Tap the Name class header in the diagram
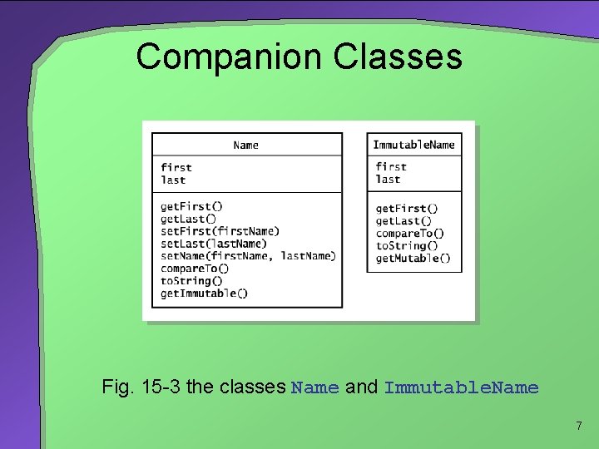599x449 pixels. (246, 145)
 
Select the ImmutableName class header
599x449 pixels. (413, 145)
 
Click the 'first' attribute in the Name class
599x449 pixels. (176, 168)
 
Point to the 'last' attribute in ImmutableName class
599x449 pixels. (388, 180)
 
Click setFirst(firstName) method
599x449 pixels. (220, 231)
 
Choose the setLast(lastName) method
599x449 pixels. (214, 244)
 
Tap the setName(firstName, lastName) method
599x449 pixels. (248, 256)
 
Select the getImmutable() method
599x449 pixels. (204, 293)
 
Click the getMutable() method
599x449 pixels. (413, 259)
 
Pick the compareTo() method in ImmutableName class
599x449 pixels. (410, 234)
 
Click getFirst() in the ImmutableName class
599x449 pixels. (407, 209)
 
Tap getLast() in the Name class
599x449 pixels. (188, 219)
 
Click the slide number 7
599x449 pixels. (578, 427)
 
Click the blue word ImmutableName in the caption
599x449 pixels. (461, 387)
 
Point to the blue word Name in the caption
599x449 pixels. (315, 387)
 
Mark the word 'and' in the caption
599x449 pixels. (361, 387)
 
